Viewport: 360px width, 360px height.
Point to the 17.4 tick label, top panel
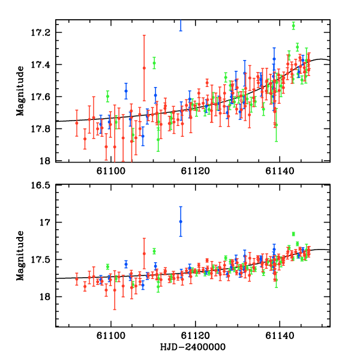(42, 65)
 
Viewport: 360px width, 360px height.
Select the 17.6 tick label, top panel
(42, 97)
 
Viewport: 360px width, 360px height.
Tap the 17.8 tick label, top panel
(42, 129)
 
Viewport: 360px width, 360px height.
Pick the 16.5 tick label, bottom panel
(42, 185)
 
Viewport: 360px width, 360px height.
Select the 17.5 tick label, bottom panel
(42, 260)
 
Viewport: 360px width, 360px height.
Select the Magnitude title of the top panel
(20, 92)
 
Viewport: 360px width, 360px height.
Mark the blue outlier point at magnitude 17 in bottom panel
(181, 221)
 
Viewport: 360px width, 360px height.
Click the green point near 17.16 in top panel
(293, 25)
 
